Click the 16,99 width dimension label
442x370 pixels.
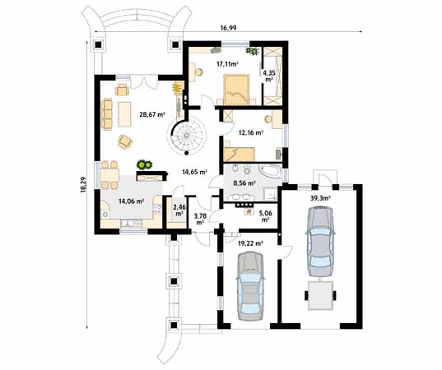pyautogui.click(x=229, y=28)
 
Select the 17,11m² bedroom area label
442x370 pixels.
pyautogui.click(x=227, y=63)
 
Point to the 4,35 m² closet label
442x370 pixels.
pyautogui.click(x=269, y=76)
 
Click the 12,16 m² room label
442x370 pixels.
pyautogui.click(x=250, y=132)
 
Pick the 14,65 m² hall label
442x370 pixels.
pyautogui.click(x=193, y=172)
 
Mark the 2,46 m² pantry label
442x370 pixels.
pyautogui.click(x=179, y=210)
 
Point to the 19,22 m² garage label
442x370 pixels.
pyautogui.click(x=249, y=243)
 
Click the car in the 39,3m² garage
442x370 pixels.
pyautogui.click(x=319, y=240)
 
